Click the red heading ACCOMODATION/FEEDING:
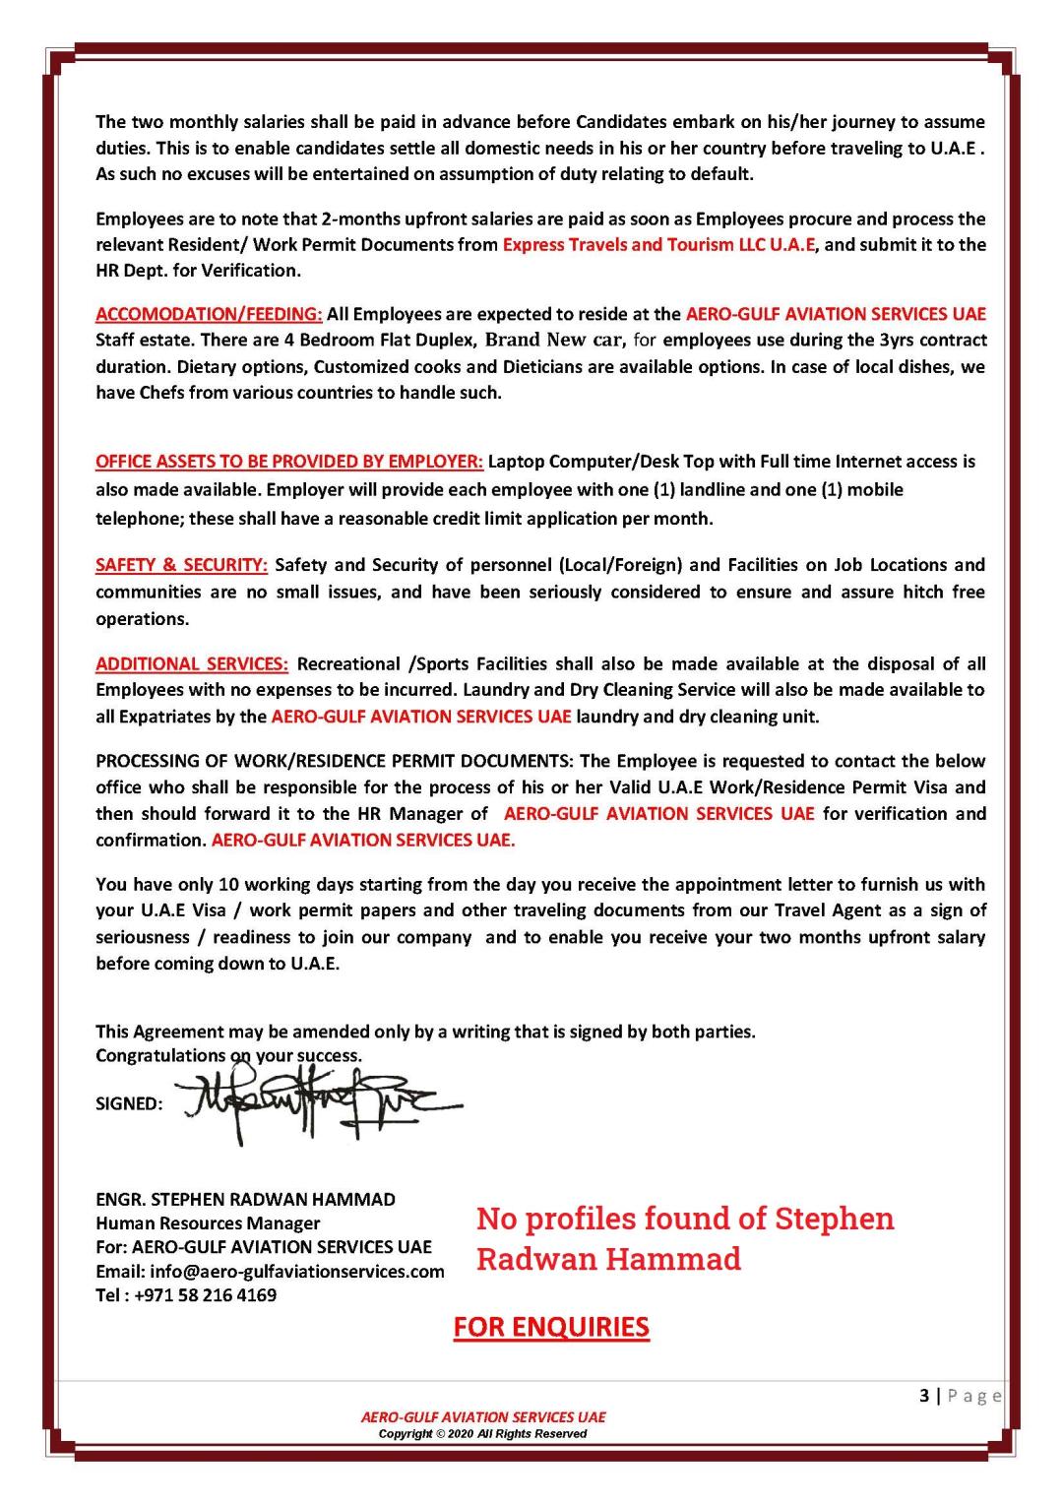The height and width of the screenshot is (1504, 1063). pyautogui.click(x=209, y=315)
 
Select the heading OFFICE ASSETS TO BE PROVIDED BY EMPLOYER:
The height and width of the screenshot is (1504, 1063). pyautogui.click(x=289, y=462)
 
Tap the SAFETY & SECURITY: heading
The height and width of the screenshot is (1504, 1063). pyautogui.click(x=181, y=565)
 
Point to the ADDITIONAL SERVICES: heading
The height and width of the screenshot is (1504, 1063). pyautogui.click(x=192, y=664)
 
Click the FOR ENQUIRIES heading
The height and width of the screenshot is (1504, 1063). pyautogui.click(x=551, y=1327)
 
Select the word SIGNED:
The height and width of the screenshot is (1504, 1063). pyautogui.click(x=129, y=1104)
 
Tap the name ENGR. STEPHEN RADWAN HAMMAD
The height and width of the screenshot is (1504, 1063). pyautogui.click(x=245, y=1200)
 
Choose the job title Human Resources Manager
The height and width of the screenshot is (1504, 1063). pyautogui.click(x=208, y=1223)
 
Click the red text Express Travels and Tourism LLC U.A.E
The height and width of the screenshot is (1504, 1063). pyautogui.click(x=658, y=245)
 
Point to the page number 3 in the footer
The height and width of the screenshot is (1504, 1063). pyautogui.click(x=923, y=1396)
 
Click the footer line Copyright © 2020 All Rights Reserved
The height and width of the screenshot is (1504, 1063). pyautogui.click(x=482, y=1434)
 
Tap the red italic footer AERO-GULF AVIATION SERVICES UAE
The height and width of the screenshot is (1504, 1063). pyautogui.click(x=483, y=1417)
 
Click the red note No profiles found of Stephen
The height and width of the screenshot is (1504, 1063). pyautogui.click(x=685, y=1219)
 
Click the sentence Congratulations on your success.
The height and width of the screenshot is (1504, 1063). pyautogui.click(x=228, y=1055)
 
